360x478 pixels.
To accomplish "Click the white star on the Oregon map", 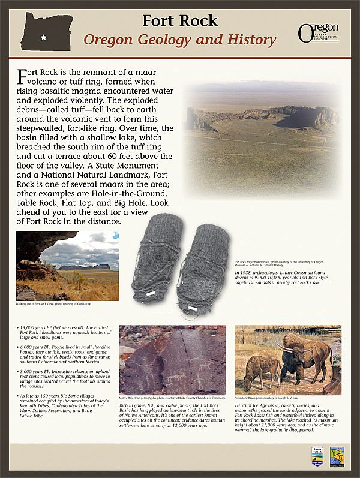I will pyautogui.click(x=43, y=38).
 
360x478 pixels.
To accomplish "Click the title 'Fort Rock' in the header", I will pyautogui.click(x=179, y=20).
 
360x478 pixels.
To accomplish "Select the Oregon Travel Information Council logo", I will pyautogui.click(x=318, y=32).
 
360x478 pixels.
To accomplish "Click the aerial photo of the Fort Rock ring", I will pyautogui.click(x=262, y=127).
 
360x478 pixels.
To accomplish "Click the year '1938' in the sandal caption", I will pyautogui.click(x=248, y=273).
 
